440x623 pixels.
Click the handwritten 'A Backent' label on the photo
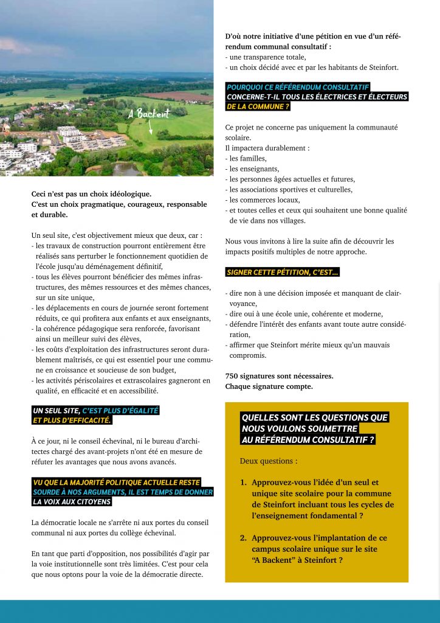coord(150,114)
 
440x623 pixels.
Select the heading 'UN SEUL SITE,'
coord(57,411)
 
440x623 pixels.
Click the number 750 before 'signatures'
coord(232,376)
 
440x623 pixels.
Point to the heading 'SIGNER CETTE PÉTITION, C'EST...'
coord(283,272)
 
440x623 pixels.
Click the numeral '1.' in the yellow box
coord(243,482)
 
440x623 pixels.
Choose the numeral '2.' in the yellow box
coord(243,538)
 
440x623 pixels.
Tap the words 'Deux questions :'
coord(269,461)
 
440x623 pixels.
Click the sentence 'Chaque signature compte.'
coord(269,386)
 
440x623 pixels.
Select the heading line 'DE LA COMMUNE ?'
coord(258,106)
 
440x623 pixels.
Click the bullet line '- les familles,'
coord(245,159)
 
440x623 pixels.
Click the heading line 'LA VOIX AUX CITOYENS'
coord(72,502)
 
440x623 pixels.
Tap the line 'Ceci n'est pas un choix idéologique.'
coord(91,194)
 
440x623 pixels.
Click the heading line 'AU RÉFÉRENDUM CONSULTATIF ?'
coord(308,439)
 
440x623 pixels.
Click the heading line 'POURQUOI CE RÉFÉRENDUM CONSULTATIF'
coord(298,87)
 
